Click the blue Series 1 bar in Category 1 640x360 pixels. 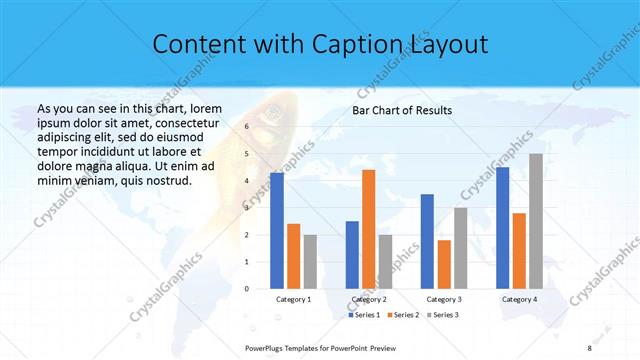[276, 230]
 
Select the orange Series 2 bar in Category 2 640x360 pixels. [368, 229]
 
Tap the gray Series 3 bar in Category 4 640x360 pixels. [536, 221]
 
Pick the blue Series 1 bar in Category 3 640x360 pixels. [427, 241]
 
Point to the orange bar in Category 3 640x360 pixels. [444, 264]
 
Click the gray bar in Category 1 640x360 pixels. [310, 261]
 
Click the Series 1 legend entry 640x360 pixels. [365, 315]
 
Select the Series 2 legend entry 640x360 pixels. [402, 315]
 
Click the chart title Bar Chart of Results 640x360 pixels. [402, 110]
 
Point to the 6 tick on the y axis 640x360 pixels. [246, 128]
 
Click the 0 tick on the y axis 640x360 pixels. [246, 288]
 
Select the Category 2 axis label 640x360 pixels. [369, 299]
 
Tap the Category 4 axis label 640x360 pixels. [519, 299]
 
